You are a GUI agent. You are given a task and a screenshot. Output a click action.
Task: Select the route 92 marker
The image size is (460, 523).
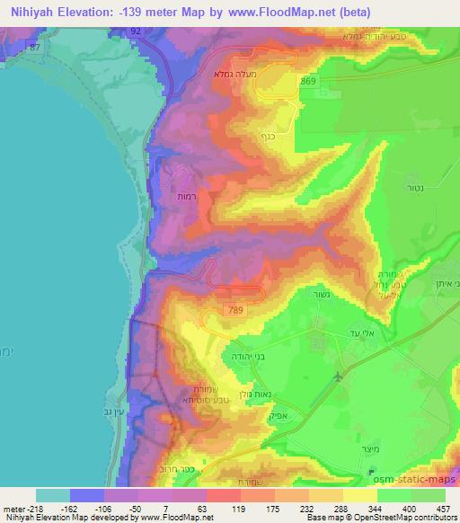(x=135, y=30)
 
